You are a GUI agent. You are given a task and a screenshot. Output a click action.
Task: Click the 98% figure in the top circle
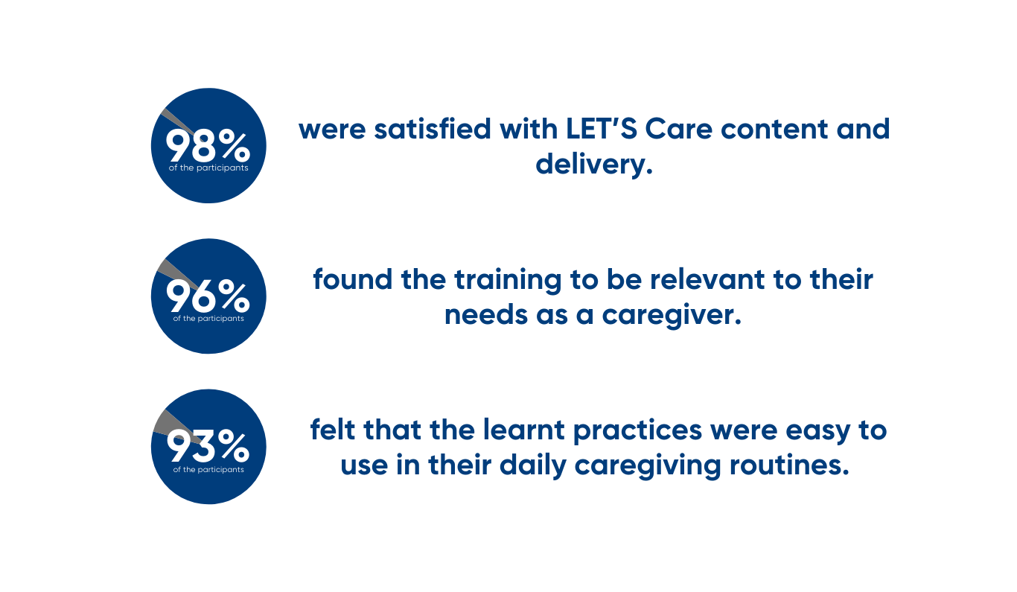tap(208, 145)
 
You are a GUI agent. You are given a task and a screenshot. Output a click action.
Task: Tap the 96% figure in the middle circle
tap(208, 296)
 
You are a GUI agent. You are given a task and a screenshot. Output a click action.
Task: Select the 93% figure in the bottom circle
tap(208, 446)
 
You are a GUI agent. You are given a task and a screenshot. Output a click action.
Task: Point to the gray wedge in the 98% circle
tap(177, 121)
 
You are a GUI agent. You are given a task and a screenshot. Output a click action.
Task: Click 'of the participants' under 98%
tap(208, 168)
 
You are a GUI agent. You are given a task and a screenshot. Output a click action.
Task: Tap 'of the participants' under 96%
tap(208, 319)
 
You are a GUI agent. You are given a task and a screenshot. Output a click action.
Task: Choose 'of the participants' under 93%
tap(208, 469)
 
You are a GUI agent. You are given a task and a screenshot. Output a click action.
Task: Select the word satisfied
tap(433, 129)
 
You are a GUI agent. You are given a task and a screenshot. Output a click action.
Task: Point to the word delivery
tap(594, 165)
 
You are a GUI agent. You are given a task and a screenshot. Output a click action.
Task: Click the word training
tap(508, 280)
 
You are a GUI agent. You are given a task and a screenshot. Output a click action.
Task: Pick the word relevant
tap(707, 279)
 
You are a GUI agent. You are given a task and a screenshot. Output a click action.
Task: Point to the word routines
tap(789, 465)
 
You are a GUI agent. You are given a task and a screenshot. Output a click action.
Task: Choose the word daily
tap(533, 466)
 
